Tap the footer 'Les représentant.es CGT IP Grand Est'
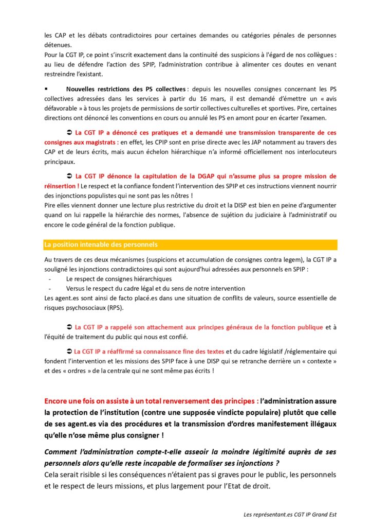point(290,514)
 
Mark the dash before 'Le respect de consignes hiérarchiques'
point(50,278)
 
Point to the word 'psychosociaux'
point(83,307)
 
